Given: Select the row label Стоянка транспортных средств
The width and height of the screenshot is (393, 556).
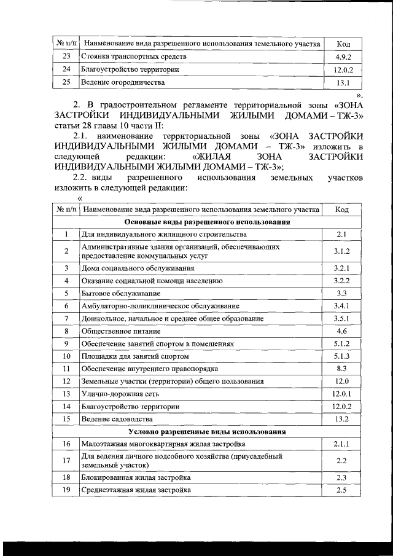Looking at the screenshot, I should point(134,57).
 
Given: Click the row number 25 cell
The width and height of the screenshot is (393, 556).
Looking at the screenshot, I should point(66,82).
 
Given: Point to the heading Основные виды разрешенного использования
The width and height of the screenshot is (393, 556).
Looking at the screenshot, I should point(207,222).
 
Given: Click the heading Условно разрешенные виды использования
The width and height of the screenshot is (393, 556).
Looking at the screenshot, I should point(207,431).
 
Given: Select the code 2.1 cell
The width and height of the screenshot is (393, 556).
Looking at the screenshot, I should point(343,234).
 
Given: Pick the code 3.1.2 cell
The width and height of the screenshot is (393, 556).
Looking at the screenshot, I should point(343,251).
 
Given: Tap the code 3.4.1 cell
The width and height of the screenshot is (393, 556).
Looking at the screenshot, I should point(343,306).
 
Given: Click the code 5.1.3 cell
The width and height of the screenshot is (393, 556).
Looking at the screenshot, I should point(343,356).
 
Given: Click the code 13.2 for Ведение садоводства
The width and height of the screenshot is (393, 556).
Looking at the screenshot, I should point(343,419).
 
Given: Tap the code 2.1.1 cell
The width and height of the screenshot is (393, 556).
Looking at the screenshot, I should point(343,444).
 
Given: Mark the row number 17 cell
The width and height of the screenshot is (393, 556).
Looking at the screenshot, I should point(66,461).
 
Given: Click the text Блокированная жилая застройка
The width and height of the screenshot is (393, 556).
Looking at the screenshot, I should point(136,477).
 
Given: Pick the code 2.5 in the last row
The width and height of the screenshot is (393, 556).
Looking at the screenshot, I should point(343,490).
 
